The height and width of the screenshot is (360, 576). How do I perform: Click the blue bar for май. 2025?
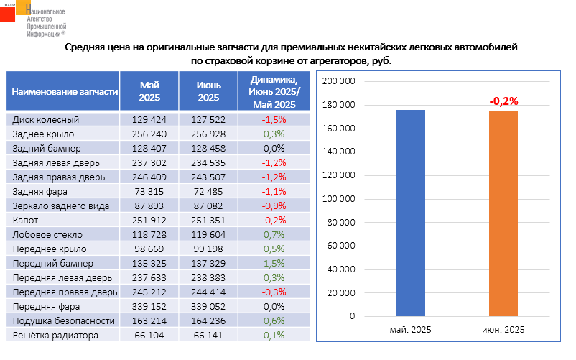[411, 213]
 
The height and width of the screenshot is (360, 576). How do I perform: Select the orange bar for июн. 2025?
[503, 213]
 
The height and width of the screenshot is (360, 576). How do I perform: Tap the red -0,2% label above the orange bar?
[503, 101]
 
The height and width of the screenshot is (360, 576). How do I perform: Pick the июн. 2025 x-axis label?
[503, 328]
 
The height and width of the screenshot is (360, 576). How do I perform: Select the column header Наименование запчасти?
[63, 92]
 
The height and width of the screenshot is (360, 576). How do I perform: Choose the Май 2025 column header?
[149, 92]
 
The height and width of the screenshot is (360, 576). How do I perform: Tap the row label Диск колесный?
[46, 120]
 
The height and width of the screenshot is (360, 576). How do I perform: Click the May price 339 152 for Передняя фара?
[149, 306]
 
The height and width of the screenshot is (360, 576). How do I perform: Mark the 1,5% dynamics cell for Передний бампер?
[274, 263]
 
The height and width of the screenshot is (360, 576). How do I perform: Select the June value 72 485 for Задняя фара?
[208, 191]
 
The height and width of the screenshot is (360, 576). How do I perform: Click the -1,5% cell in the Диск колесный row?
[274, 120]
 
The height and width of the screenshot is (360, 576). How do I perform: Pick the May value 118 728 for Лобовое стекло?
[149, 234]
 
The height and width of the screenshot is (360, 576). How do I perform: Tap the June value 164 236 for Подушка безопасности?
[208, 320]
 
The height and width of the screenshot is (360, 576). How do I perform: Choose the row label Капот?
[25, 220]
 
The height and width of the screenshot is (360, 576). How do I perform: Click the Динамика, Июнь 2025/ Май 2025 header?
[274, 92]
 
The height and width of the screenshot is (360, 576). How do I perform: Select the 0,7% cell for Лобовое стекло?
[274, 234]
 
